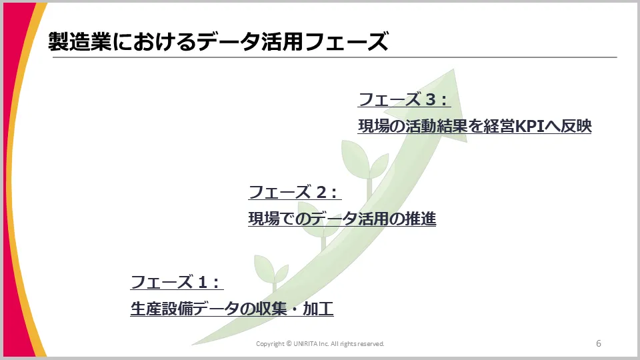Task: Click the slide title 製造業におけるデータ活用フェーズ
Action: click(x=217, y=42)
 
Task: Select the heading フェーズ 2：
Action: click(x=295, y=192)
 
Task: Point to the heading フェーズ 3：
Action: click(x=405, y=100)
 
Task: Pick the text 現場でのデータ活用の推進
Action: click(x=342, y=218)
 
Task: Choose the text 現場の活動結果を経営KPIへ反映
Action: click(x=475, y=126)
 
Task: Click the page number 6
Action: click(x=599, y=343)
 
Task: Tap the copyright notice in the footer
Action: click(x=321, y=344)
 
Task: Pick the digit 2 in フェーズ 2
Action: click(x=321, y=192)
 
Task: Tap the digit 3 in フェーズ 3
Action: click(x=431, y=100)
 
